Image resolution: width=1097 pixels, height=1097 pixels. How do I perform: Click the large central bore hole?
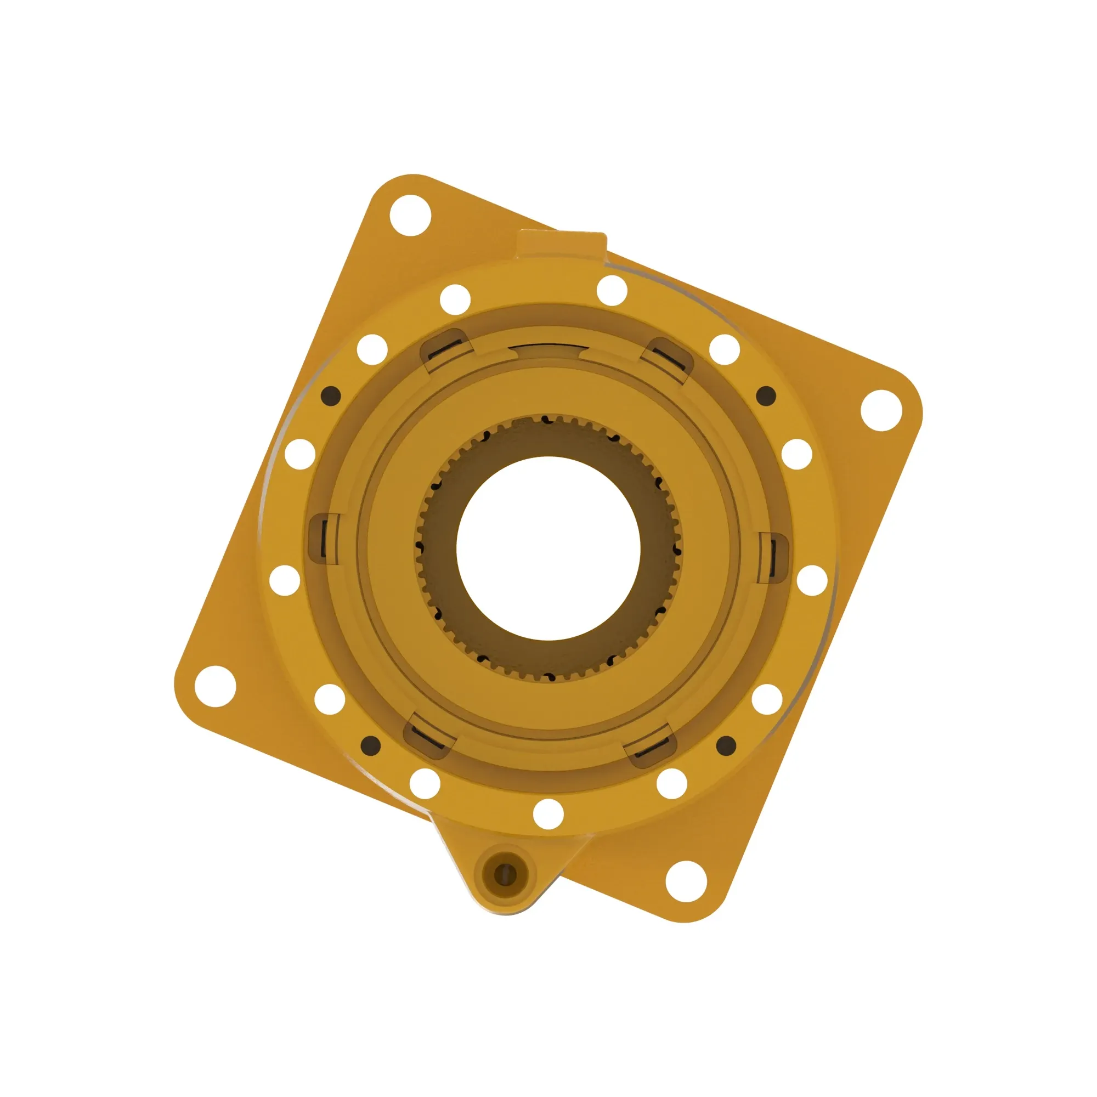pos(548,547)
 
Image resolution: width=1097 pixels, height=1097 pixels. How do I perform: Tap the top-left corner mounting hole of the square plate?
pos(410,216)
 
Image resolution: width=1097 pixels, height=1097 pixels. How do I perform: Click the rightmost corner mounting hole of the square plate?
pos(881,410)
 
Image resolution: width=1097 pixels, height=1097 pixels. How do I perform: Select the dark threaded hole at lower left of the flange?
pos(371,744)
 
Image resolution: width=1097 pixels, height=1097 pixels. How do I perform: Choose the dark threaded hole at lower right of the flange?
pos(726,745)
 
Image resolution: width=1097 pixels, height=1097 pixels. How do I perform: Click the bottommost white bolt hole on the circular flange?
pos(548,813)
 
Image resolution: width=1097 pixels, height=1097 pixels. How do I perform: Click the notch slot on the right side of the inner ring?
pos(773,558)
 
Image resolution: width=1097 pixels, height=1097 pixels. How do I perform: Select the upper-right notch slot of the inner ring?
pos(666,357)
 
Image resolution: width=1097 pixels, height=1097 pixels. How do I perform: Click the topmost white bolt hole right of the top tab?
pos(612,291)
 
